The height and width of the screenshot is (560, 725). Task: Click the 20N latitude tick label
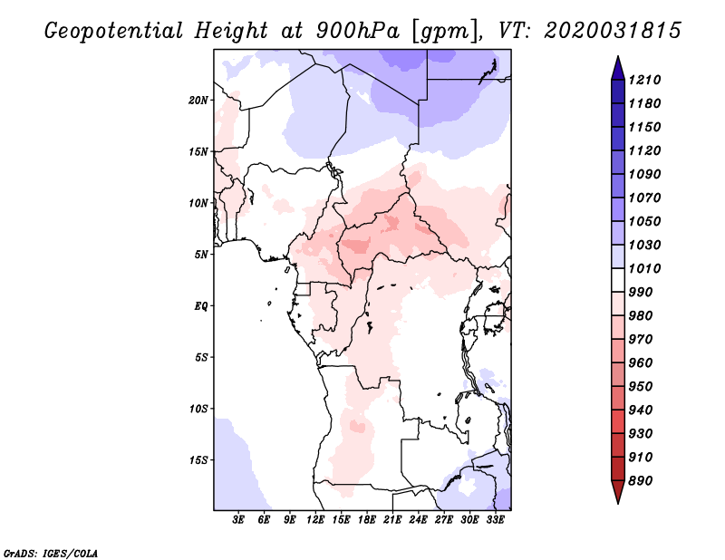point(198,100)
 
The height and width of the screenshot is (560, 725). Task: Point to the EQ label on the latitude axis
point(200,305)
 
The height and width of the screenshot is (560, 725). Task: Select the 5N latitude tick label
point(201,255)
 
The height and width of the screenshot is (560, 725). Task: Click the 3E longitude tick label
point(238,519)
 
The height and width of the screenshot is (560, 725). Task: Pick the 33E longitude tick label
point(495,519)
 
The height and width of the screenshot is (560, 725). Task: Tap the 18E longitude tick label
point(367,519)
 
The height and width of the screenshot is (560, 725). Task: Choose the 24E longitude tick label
point(418,519)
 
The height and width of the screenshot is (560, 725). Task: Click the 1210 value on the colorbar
point(644,80)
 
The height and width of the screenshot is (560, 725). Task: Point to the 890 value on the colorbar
point(641,481)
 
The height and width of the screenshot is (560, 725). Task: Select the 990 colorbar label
point(641,293)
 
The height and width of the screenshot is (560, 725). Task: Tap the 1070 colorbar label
point(644,198)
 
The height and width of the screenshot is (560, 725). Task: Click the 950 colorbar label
point(641,387)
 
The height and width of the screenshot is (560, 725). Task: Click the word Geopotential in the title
point(114,32)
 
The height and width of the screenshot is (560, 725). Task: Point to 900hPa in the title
point(357,31)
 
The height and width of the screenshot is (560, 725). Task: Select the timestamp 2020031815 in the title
point(613,31)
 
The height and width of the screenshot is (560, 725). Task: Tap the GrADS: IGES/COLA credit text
point(51,554)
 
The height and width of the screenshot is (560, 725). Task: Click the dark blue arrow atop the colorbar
point(618,68)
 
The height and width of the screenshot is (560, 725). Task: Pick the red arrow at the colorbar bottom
point(618,492)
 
